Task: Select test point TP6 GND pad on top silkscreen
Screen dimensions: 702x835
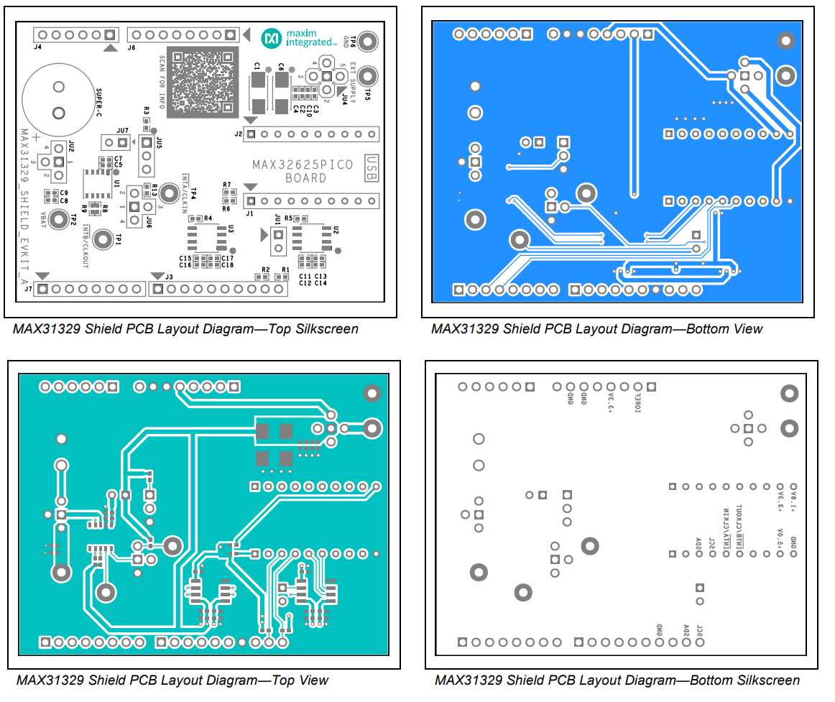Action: tap(367, 41)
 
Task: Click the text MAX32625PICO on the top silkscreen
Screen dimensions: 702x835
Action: tap(302, 165)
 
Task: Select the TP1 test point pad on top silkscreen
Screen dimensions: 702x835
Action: tap(105, 240)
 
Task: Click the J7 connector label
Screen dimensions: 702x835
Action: tap(28, 290)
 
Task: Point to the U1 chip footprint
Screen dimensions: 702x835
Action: tap(95, 183)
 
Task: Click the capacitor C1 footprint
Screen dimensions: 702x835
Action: tap(257, 93)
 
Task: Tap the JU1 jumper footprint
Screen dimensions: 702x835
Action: tap(277, 241)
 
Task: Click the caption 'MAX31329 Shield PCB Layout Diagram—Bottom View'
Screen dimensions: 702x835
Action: tap(596, 329)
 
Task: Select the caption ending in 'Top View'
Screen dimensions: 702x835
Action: tap(172, 680)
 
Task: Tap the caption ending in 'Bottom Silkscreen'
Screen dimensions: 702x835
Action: tap(617, 680)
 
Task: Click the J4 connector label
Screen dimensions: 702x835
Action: tap(37, 47)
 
